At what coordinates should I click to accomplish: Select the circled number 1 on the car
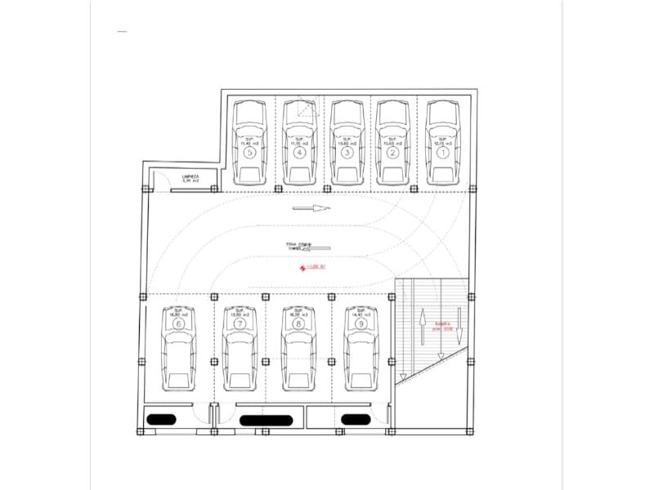coord(442,152)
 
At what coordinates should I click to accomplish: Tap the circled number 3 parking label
coord(347,152)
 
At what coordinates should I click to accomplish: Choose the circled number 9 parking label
coord(361,323)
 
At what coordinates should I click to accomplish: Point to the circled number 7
coord(240,323)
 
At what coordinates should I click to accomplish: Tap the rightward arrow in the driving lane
coord(311,207)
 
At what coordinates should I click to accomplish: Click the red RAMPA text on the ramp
coord(443,325)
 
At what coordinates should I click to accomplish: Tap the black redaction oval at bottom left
coord(161,420)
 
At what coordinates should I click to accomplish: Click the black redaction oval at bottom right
coord(356,420)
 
